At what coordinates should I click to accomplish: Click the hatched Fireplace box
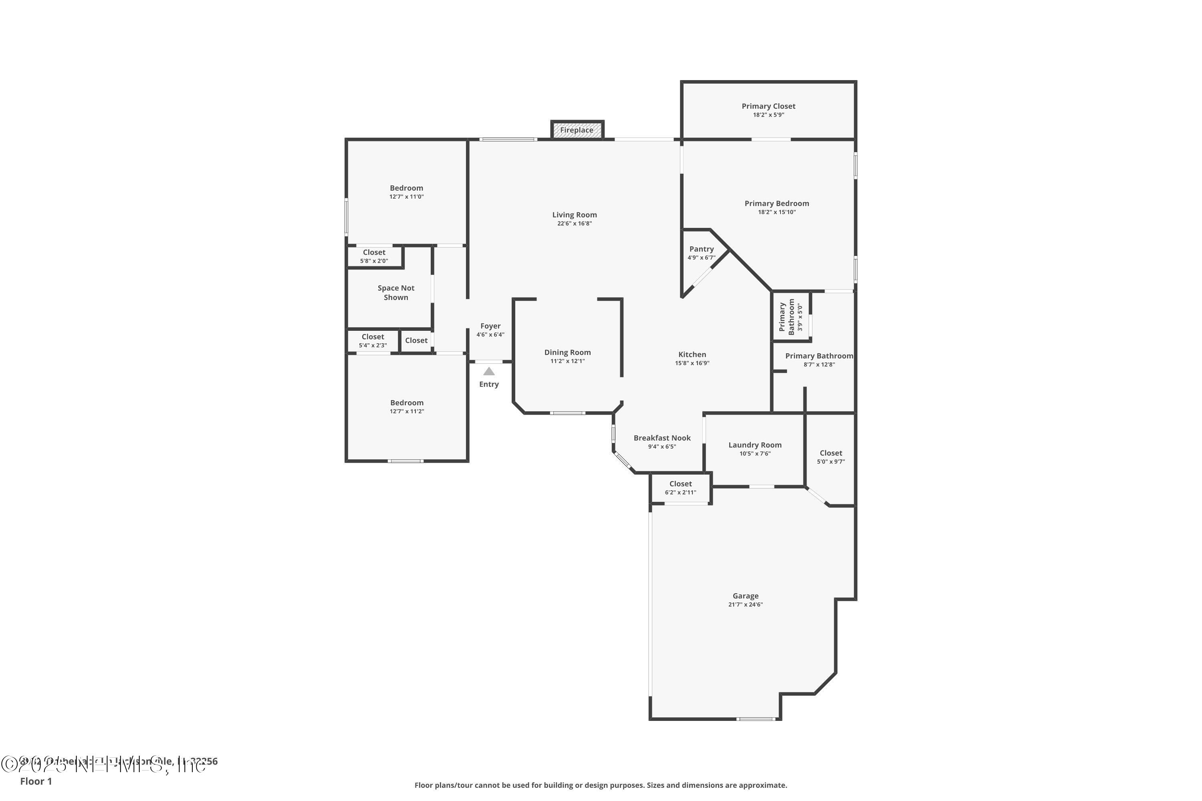[x=577, y=130]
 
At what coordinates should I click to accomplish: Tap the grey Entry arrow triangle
[x=489, y=371]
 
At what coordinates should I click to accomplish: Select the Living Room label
[x=575, y=215]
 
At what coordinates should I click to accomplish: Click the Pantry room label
[x=701, y=249]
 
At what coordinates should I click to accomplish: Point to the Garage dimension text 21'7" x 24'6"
[x=745, y=604]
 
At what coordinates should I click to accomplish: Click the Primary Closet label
[x=768, y=106]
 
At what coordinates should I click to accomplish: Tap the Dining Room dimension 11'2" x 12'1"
[x=567, y=361]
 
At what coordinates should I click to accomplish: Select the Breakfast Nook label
[x=662, y=438]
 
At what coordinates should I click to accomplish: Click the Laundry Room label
[x=755, y=445]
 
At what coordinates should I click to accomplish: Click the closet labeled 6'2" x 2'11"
[x=680, y=488]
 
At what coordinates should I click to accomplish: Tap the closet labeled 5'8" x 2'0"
[x=374, y=256]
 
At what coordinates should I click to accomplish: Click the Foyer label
[x=490, y=326]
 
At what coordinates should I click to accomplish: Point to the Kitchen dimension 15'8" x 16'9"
[x=692, y=363]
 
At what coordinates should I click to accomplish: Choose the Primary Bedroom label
[x=776, y=203]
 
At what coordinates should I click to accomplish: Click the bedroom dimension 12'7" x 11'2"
[x=407, y=411]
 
